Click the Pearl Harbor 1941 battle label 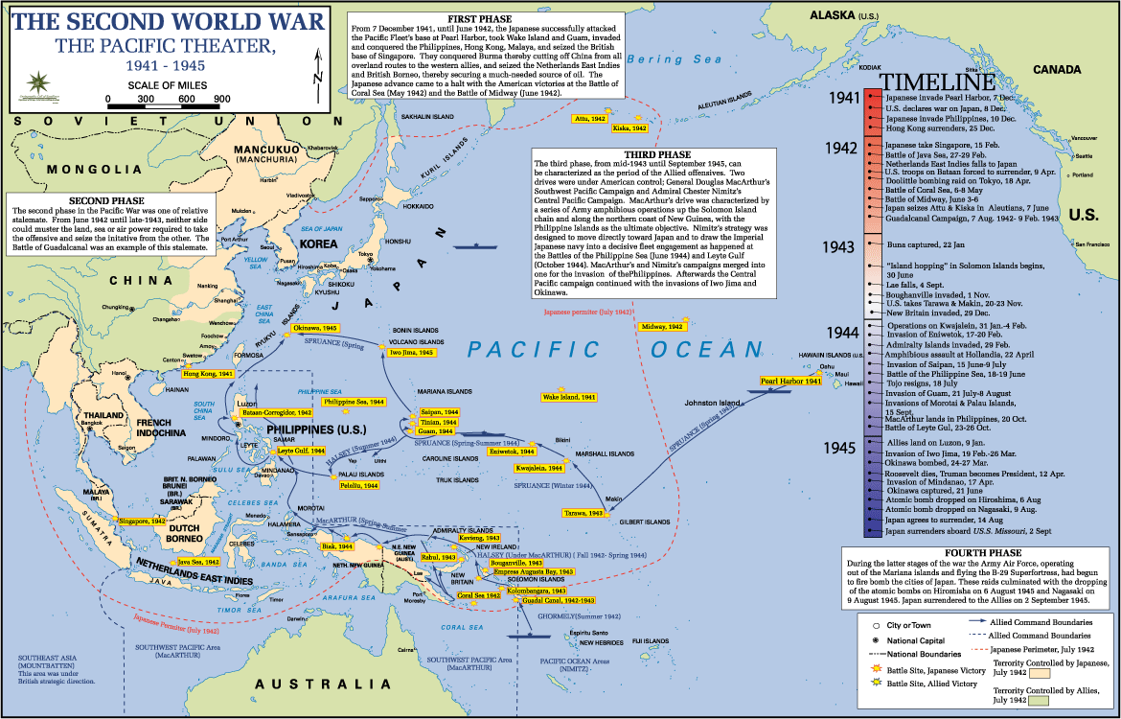791,382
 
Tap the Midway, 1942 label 662,327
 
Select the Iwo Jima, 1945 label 412,353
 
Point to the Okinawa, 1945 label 315,328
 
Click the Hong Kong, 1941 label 208,373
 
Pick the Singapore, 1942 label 142,521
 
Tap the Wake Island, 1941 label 569,397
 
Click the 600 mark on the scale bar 186,99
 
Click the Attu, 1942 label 589,118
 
